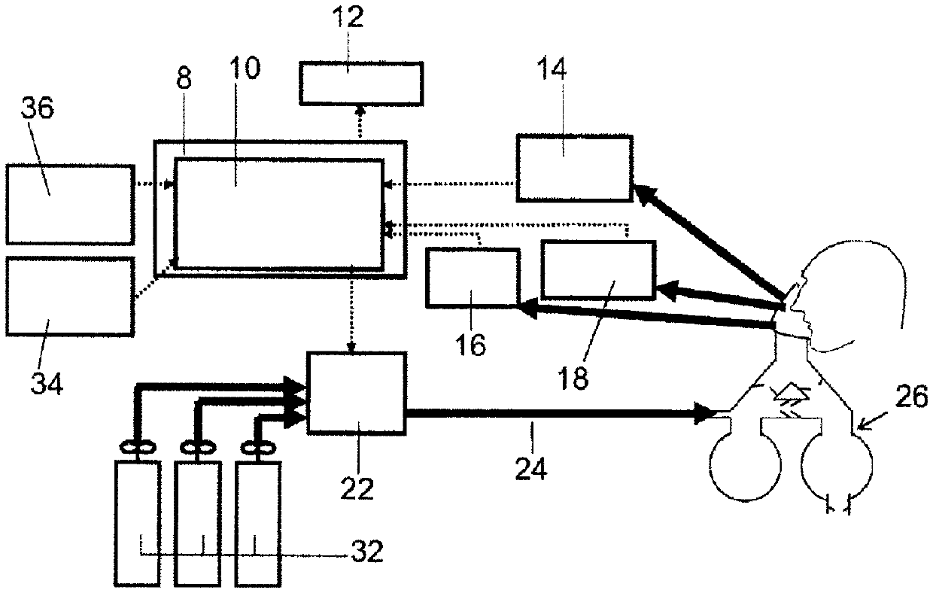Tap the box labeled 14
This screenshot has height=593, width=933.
pos(574,169)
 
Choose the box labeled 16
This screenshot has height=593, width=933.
pos(472,278)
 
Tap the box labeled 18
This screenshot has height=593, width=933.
pos(597,269)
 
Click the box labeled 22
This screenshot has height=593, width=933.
pos(356,392)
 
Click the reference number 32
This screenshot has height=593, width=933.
pos(367,553)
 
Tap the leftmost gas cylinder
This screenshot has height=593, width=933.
pos(136,522)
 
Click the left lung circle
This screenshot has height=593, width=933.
pos(743,467)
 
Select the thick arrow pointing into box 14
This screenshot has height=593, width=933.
pos(707,240)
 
